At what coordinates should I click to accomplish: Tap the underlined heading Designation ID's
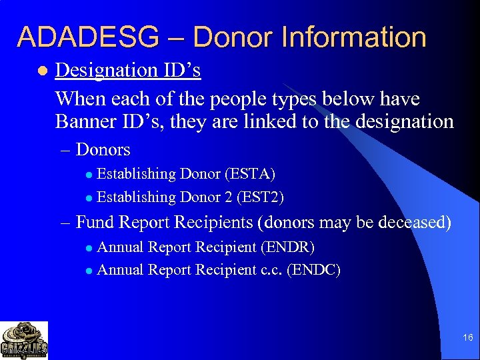128,70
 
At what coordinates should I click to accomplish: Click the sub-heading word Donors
103,149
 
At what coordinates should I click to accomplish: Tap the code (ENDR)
287,247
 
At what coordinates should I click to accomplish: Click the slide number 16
467,339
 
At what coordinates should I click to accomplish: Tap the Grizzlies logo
24,341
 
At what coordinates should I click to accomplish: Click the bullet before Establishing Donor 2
89,197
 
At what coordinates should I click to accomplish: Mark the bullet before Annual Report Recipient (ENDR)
89,247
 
